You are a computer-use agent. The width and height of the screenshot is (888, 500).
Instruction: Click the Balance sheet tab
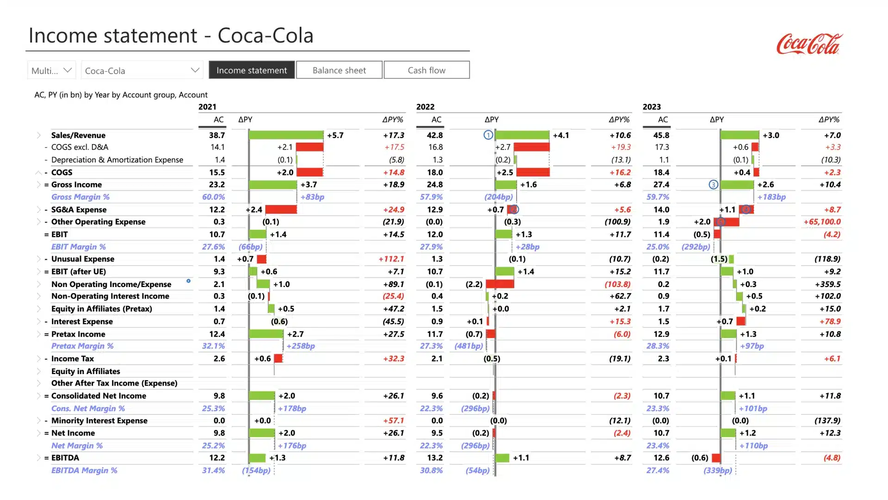click(339, 70)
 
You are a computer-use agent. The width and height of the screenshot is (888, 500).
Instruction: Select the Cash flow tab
click(426, 70)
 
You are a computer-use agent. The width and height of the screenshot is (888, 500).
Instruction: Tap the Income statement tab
click(252, 70)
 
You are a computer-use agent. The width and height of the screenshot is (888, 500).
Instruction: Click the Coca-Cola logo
click(809, 44)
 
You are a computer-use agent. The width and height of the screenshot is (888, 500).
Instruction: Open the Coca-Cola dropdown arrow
click(195, 70)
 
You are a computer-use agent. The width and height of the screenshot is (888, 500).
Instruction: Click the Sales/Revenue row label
click(78, 135)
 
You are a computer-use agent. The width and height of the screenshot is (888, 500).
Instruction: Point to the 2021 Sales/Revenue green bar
click(286, 135)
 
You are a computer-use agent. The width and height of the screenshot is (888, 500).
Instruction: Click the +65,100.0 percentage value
click(822, 222)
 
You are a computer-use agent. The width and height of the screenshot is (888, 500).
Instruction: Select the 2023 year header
click(652, 107)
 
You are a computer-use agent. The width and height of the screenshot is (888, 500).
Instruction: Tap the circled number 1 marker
click(488, 135)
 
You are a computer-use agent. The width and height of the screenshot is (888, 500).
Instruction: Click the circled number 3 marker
click(713, 185)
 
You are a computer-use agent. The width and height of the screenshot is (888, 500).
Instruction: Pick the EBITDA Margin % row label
click(84, 470)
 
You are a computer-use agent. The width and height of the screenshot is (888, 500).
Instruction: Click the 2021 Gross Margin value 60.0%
click(213, 197)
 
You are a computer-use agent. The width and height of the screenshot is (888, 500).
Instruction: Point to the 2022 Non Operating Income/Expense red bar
click(500, 284)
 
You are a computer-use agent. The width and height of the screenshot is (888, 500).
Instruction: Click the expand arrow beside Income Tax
click(39, 359)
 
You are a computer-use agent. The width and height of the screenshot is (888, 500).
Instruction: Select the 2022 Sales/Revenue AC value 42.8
click(435, 135)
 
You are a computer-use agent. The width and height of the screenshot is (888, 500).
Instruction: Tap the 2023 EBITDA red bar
click(716, 458)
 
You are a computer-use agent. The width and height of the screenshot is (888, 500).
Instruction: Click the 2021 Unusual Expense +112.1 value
click(391, 259)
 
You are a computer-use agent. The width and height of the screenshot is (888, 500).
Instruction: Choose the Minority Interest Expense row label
click(99, 420)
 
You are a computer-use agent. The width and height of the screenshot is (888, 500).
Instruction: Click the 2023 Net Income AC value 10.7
click(661, 433)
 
